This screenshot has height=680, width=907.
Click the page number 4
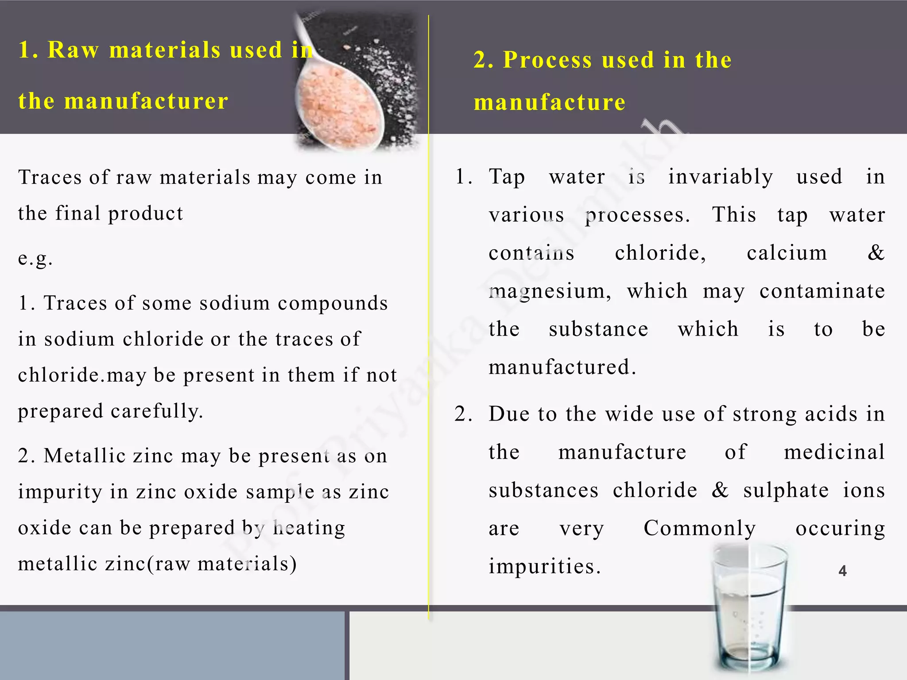point(842,571)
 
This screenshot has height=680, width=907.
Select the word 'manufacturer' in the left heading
point(146,101)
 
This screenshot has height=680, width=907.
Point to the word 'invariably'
point(721,177)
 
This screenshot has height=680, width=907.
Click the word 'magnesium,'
point(550,292)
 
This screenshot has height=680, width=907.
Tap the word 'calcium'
point(787,253)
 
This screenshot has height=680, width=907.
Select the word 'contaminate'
point(822,291)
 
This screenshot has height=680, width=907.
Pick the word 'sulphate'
point(786,491)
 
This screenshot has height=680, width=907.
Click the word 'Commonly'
point(700,528)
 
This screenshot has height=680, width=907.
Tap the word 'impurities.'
point(545,566)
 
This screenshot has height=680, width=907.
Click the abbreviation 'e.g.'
point(35,258)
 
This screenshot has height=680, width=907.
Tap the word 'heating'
point(309,528)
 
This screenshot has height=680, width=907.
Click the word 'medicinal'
point(834,452)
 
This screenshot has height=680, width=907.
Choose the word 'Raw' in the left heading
point(73,50)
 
